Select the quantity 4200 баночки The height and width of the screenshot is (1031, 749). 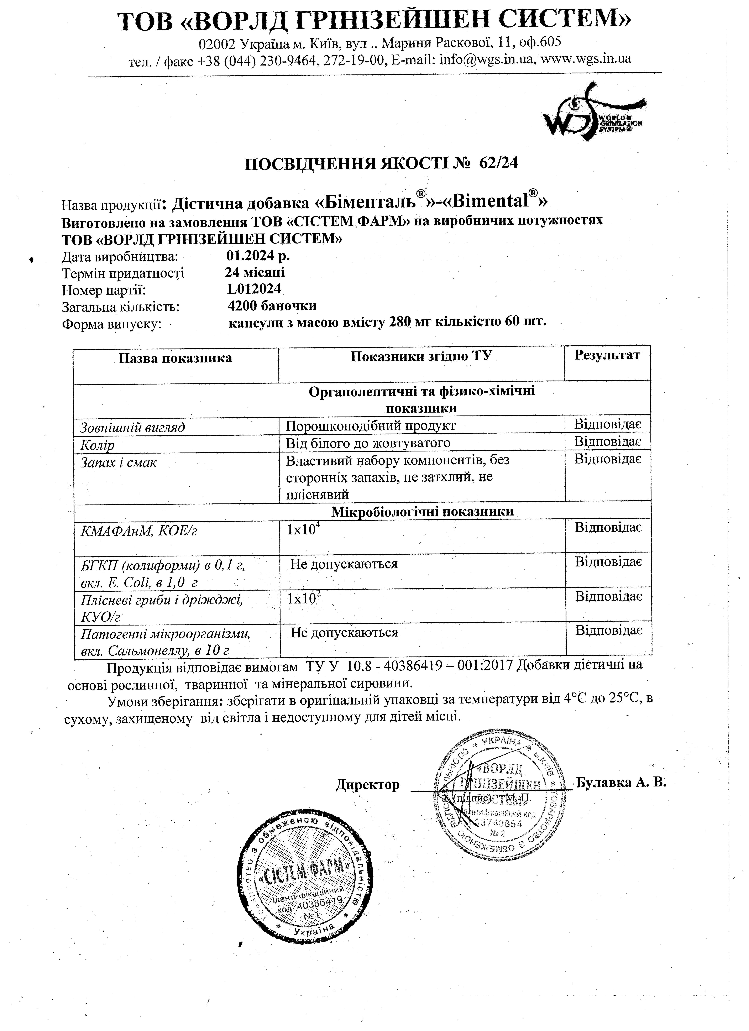pyautogui.click(x=272, y=305)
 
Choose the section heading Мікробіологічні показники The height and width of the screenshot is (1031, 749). pyautogui.click(x=422, y=511)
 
